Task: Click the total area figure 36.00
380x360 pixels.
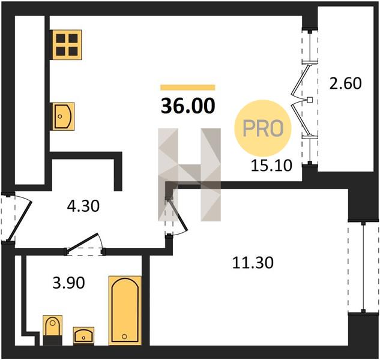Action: point(188,106)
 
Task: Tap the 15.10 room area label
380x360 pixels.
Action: point(271,166)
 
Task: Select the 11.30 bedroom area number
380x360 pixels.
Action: point(253,263)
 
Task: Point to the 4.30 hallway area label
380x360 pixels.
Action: point(83,206)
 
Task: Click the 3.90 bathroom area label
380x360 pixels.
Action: point(69,283)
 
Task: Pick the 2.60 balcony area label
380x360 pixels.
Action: point(346,83)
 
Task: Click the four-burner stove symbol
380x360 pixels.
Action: point(66,45)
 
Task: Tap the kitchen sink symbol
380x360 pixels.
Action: point(62,117)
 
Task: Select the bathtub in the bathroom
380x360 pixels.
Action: point(125,310)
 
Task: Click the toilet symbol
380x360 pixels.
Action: point(53,330)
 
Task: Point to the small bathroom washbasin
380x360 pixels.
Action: point(83,336)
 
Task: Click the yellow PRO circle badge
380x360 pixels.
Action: point(263,128)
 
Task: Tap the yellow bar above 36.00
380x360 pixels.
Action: point(188,88)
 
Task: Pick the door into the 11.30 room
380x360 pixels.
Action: point(178,214)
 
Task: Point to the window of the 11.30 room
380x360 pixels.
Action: point(363,267)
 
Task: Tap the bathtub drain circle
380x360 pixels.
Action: point(124,337)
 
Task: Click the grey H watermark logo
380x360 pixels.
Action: point(189,175)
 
